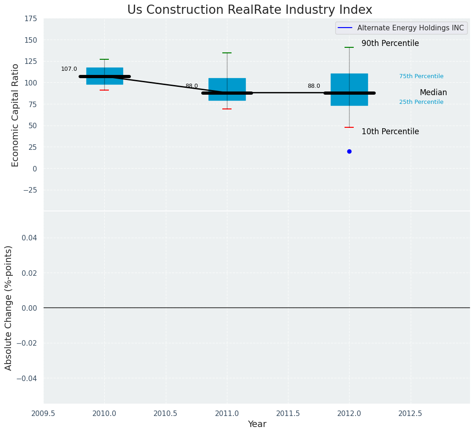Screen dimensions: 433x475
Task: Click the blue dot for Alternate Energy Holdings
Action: (349, 151)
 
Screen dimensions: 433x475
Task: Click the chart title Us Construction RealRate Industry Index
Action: (249, 10)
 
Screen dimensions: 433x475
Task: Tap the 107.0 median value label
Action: (69, 69)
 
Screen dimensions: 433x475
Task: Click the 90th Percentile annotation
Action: (390, 44)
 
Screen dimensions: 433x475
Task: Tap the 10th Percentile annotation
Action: (390, 131)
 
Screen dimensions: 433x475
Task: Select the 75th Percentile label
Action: (421, 76)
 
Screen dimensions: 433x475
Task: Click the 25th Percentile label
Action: (421, 102)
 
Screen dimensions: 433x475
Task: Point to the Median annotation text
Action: (433, 93)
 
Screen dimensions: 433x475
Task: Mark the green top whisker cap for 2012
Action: (349, 47)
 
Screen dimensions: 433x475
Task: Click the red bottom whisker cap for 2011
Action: (227, 109)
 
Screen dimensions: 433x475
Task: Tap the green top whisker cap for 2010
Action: (104, 59)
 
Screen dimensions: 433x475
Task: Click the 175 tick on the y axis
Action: (31, 19)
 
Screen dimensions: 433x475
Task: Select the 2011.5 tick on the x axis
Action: (288, 413)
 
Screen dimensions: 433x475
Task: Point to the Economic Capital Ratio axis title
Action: (16, 115)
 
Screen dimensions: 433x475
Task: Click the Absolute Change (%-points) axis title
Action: (9, 308)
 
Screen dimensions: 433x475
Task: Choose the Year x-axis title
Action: (257, 424)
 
